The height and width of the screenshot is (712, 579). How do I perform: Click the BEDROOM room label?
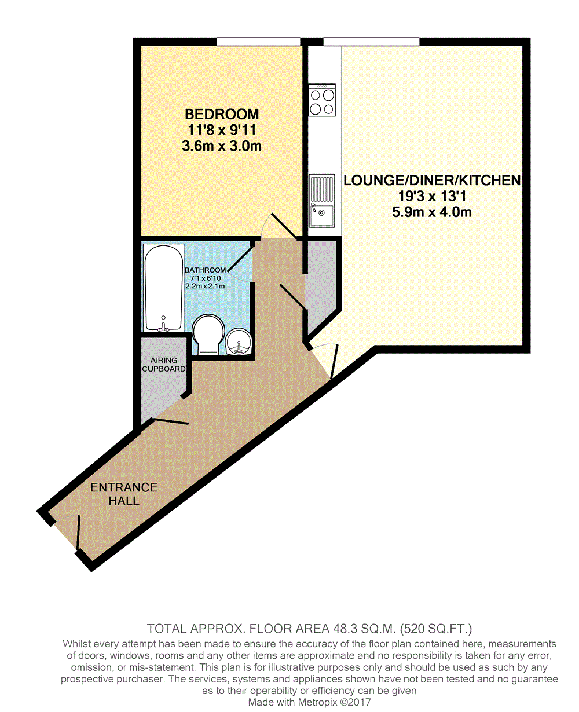coord(221,113)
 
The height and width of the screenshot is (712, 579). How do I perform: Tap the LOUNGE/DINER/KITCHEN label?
coord(432,180)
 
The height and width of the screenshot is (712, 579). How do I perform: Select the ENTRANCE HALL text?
coord(124,494)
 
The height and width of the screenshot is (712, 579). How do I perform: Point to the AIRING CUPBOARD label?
coord(164,364)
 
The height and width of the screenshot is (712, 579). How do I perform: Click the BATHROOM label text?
coord(205,270)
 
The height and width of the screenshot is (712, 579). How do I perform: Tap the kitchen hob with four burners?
coord(322,100)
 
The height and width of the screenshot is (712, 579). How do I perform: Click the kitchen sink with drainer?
coord(322,200)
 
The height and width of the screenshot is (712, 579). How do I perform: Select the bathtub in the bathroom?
coord(164,288)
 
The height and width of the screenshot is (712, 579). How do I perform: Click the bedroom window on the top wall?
coord(259,42)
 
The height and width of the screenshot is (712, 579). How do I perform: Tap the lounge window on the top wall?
coord(371,42)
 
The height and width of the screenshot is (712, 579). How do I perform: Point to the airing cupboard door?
coord(171,421)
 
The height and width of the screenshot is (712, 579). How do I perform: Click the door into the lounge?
coord(327,359)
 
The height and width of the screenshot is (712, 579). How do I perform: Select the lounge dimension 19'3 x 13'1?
coord(432,196)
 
